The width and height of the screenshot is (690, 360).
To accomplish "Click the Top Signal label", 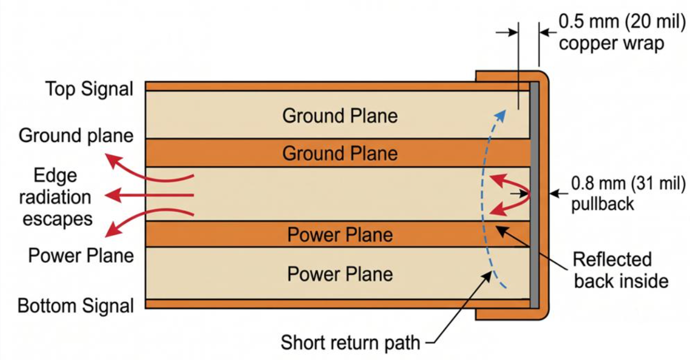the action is [90, 90].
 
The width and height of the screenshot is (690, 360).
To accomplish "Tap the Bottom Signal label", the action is [76, 306].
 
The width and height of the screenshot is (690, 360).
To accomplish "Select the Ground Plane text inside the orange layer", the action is [340, 154].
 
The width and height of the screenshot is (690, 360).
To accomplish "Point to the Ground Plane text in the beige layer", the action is [340, 116].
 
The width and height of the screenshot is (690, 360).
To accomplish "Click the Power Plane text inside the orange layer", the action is [340, 235].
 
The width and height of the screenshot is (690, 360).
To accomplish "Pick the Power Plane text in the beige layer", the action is [340, 274].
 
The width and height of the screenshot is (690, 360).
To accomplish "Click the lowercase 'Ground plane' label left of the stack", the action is [76, 136].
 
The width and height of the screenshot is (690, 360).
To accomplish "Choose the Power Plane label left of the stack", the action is [81, 255].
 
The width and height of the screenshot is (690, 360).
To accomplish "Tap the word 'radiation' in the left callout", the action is [55, 197].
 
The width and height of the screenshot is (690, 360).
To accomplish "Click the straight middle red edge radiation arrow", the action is [149, 195].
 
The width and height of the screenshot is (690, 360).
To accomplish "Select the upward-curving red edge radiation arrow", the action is [145, 171].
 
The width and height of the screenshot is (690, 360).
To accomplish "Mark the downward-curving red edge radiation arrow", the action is [145, 219].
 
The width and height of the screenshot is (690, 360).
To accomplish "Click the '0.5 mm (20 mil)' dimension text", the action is [622, 22].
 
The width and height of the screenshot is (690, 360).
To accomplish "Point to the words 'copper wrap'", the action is [612, 43].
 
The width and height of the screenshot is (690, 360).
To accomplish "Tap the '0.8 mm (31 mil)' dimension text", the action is [629, 184].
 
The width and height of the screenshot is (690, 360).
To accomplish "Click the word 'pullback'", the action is [603, 204].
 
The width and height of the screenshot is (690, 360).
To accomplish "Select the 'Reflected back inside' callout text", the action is [620, 270].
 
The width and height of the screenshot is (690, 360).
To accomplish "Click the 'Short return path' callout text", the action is [351, 342].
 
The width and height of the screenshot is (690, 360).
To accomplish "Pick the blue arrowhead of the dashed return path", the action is [500, 116].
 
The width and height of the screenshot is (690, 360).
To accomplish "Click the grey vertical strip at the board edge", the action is [534, 195].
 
